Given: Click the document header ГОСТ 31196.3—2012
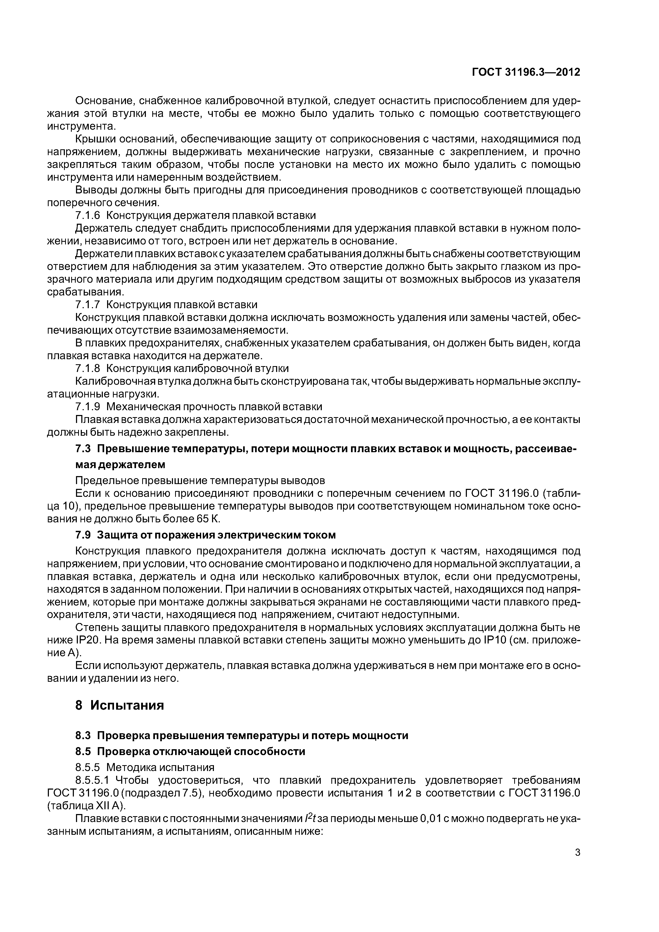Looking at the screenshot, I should (x=526, y=73).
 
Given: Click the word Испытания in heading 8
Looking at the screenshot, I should (x=127, y=705).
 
